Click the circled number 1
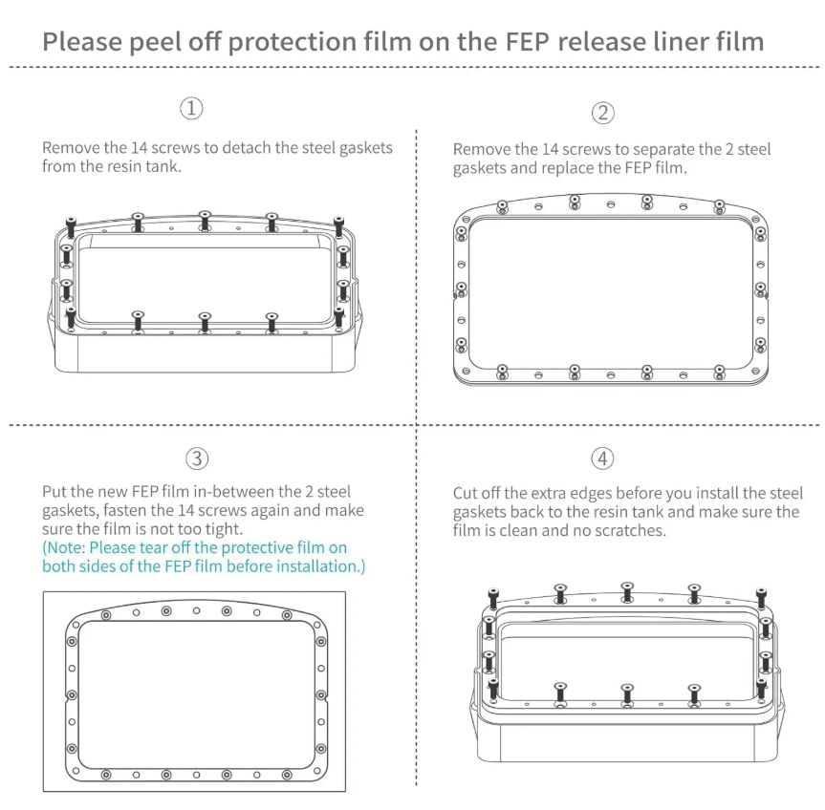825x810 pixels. (191, 108)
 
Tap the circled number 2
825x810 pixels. (603, 113)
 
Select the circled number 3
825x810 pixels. (197, 458)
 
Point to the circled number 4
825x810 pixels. (602, 458)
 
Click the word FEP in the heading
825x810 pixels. (527, 42)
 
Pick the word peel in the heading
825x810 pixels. (153, 43)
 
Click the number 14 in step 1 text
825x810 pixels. (139, 148)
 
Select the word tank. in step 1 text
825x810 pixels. (165, 166)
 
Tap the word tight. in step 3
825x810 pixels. (223, 529)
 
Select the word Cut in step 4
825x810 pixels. (465, 494)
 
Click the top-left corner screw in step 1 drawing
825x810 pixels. (71, 226)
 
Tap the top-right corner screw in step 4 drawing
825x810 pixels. (761, 598)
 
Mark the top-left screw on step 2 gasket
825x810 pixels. (503, 206)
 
